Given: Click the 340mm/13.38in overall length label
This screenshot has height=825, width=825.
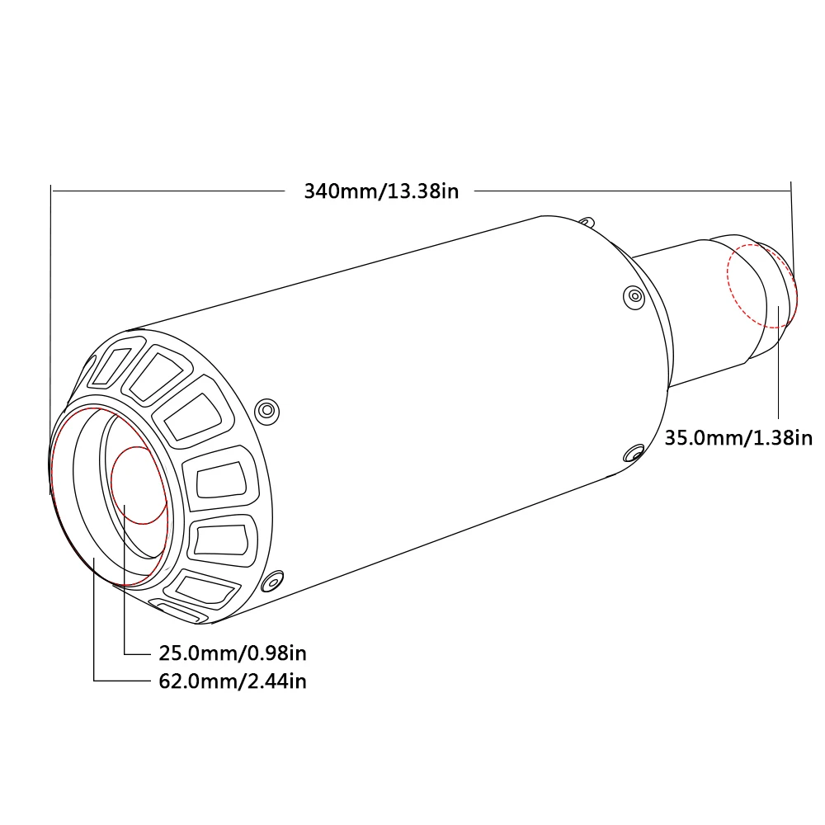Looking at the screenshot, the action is [x=381, y=191].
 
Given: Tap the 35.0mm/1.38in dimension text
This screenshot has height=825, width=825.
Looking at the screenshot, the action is [x=738, y=438].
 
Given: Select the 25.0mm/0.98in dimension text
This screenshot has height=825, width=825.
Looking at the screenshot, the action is [x=233, y=653].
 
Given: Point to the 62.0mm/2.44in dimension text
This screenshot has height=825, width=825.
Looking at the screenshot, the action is [x=233, y=681].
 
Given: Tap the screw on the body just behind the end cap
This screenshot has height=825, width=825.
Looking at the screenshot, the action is [x=266, y=410].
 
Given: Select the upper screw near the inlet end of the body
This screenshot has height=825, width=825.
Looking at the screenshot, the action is [x=634, y=297].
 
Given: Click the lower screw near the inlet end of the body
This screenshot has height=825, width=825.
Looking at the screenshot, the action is [x=634, y=453].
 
